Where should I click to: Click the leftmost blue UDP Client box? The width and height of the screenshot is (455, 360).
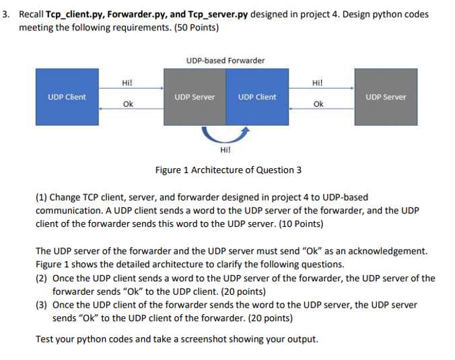[x=67, y=97]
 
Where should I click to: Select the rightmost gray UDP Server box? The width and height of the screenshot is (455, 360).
[x=386, y=97]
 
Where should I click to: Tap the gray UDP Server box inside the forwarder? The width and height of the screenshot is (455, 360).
[x=195, y=97]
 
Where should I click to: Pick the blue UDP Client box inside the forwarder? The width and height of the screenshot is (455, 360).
[x=257, y=97]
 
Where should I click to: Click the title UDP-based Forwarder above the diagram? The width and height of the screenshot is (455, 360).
[x=225, y=61]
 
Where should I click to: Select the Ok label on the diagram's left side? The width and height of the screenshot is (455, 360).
[x=127, y=104]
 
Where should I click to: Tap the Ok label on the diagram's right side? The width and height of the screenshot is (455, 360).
[x=318, y=104]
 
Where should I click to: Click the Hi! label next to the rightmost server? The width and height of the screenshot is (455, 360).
[x=318, y=83]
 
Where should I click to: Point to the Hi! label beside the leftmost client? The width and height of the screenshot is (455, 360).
[x=127, y=83]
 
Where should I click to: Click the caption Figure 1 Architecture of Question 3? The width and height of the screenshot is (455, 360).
[x=228, y=170]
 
